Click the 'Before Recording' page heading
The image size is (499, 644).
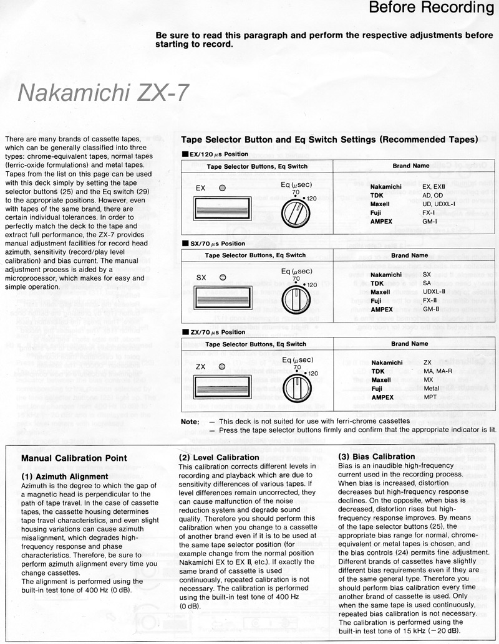click(x=431, y=8)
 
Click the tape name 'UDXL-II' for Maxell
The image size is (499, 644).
click(x=434, y=291)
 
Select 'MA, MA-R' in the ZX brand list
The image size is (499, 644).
click(x=437, y=371)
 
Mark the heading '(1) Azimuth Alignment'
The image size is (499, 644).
click(x=65, y=476)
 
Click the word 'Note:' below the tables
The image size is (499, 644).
click(x=190, y=422)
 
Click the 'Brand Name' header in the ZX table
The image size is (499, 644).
click(x=410, y=343)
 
